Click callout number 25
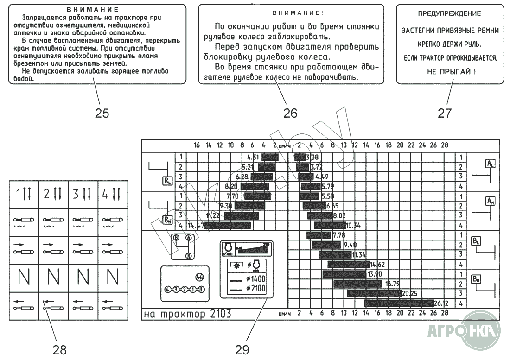102,113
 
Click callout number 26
290,113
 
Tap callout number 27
445,113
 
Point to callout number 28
60,349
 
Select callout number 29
242,349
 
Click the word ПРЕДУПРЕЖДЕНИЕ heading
449,14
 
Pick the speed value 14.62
376,264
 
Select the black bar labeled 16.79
357,284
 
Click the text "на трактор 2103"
187,314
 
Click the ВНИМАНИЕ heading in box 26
291,13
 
